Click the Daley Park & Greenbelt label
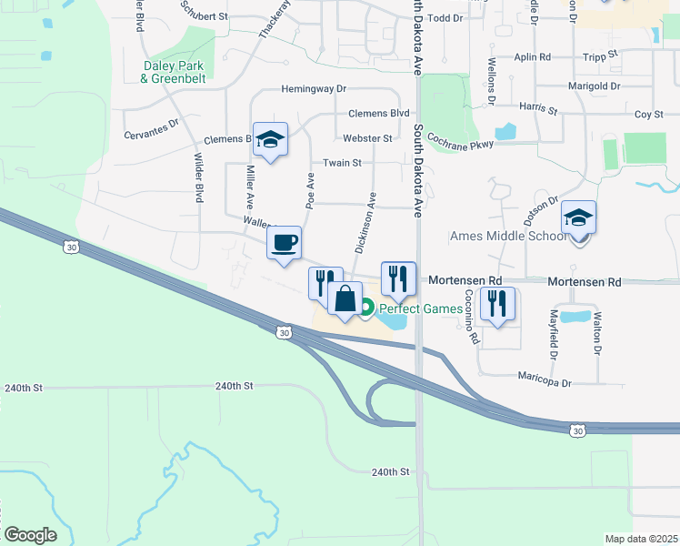173,72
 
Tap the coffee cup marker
284,243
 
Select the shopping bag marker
345,298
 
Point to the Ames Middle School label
507,237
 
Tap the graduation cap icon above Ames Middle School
578,219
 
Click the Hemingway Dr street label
315,89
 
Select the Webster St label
367,138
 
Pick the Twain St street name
343,163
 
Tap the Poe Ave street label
311,193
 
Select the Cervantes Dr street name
152,128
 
